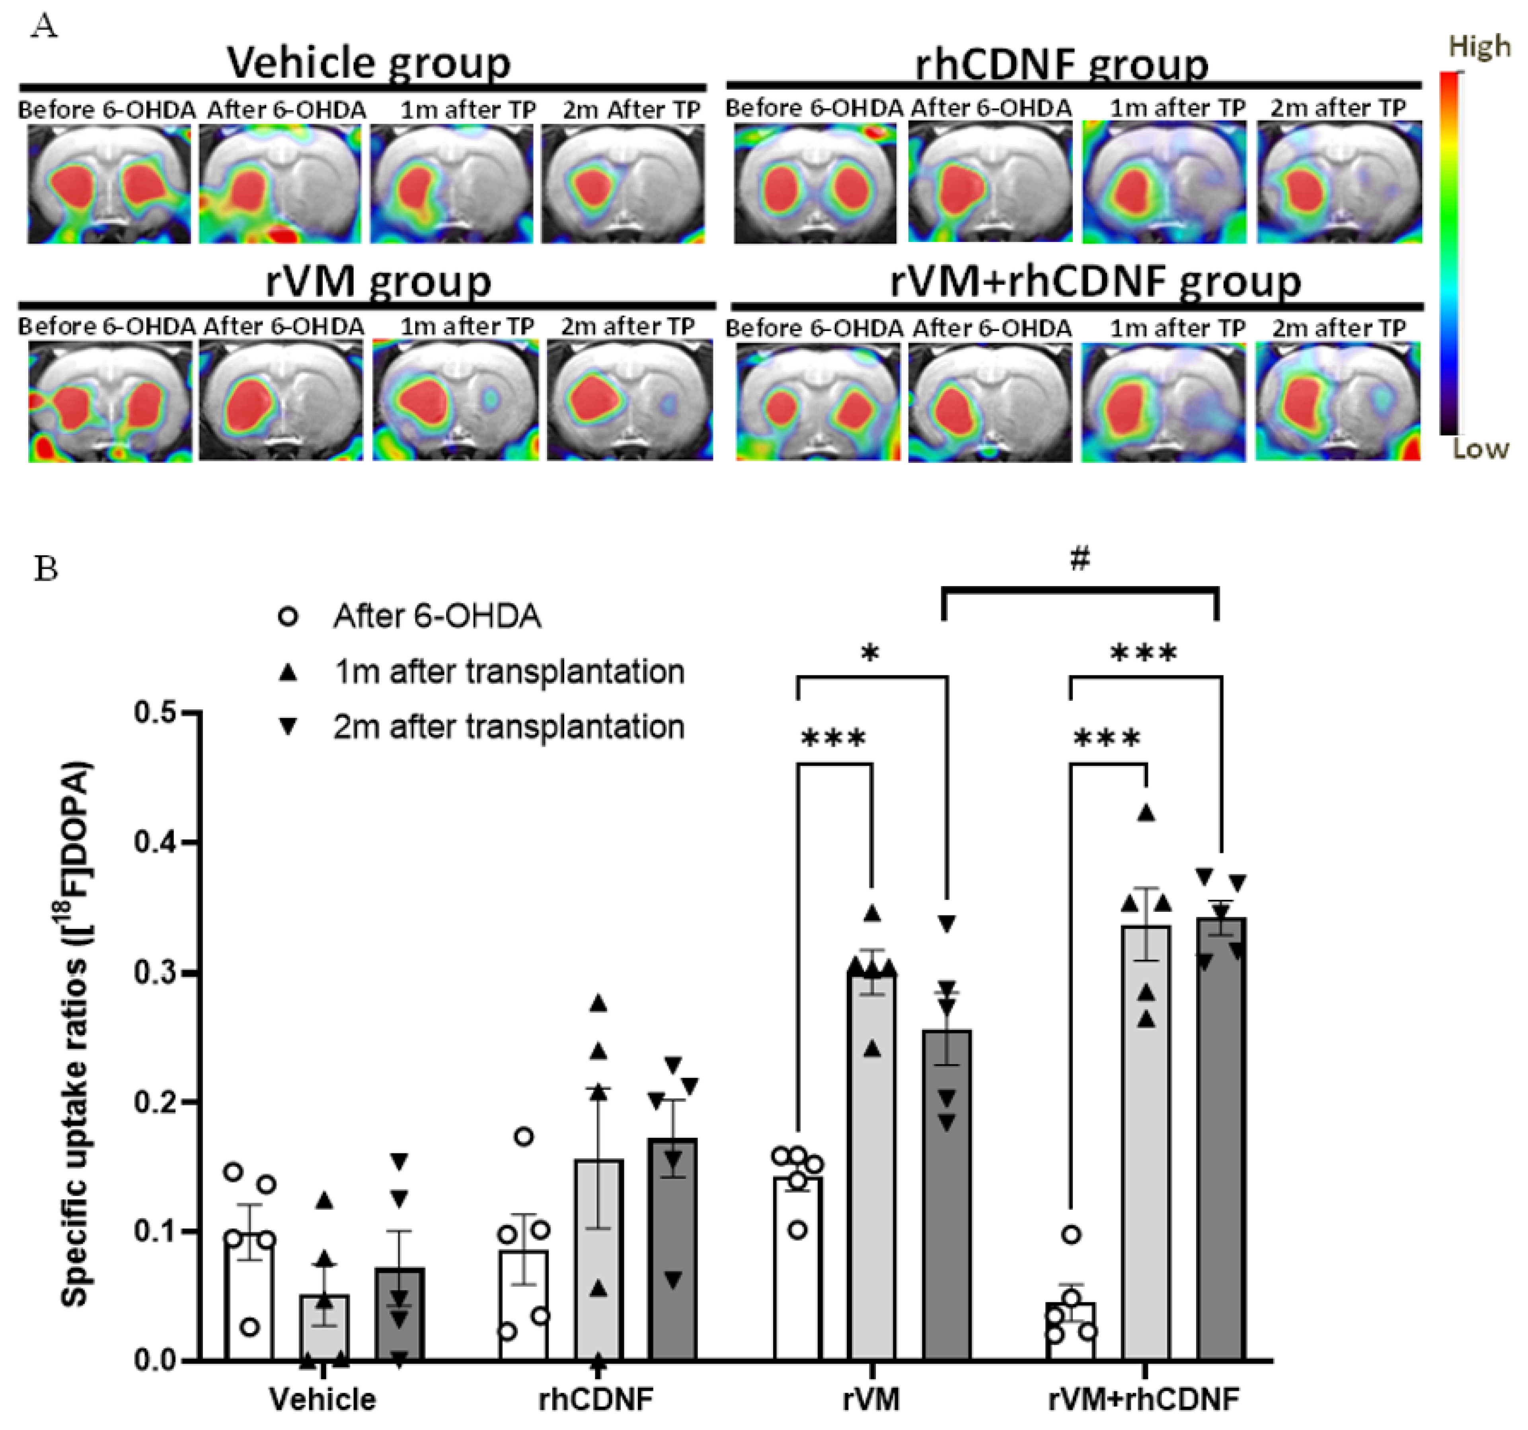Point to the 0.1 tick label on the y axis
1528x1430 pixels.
click(x=156, y=1232)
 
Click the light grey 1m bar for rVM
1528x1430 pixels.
click(x=871, y=1169)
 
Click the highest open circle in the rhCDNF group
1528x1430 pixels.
click(x=524, y=1136)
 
